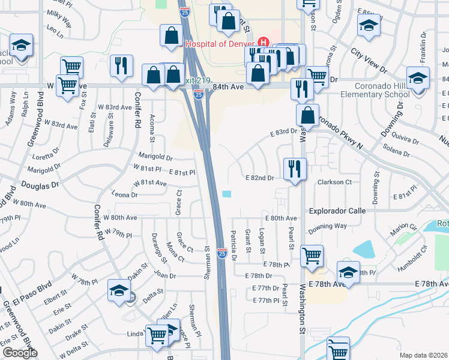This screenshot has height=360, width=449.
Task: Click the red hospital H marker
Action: coord(262,43)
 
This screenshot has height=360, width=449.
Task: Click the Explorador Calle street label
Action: coord(337,211)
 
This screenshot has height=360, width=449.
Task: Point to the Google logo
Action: coord(20,353)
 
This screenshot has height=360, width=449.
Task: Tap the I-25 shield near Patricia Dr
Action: coord(221,254)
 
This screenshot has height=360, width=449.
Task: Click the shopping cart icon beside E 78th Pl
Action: coord(312,256)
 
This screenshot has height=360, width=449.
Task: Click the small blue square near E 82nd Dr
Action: coord(226,194)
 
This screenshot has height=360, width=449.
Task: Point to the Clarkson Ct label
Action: coord(334,182)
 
